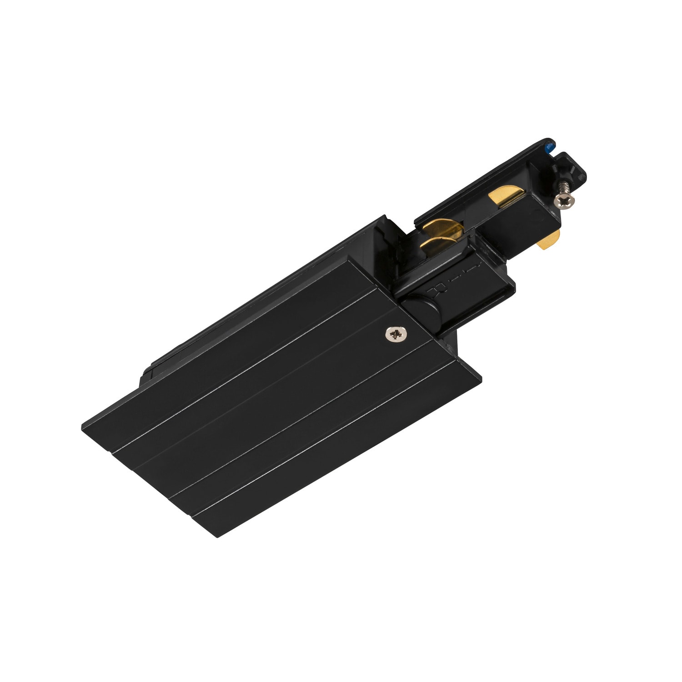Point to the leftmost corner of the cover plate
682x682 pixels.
[x=83, y=427]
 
